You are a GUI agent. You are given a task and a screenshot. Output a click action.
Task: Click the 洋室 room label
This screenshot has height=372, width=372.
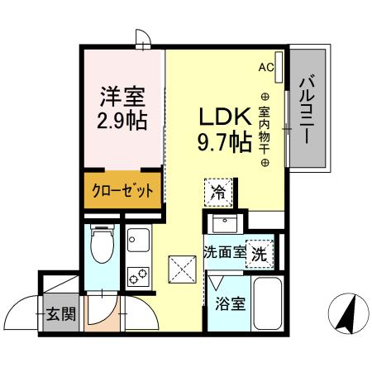pos(122,96)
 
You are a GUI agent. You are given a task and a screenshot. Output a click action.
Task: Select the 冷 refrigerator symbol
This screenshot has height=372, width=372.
pos(218,193)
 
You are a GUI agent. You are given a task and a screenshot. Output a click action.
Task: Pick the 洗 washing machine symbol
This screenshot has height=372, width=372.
pos(260,253)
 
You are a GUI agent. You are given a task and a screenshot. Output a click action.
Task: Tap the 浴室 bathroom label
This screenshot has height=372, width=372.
pos(231,303)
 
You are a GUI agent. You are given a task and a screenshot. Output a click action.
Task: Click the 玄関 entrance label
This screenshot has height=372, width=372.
pos(59,314)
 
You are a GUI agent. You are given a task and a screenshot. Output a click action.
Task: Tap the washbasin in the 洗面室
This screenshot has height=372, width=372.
pos(223,223)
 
